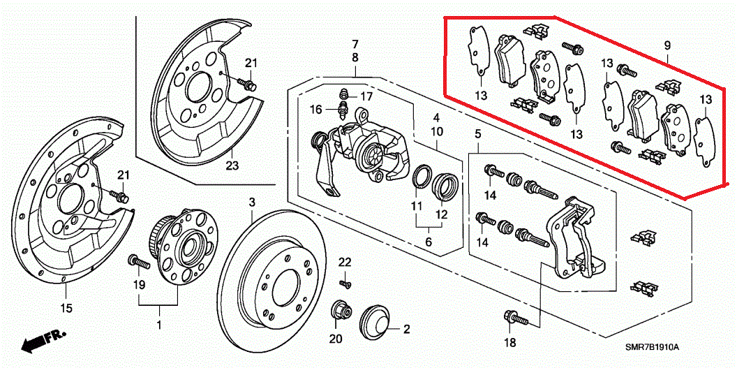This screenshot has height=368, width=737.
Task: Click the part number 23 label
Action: (232, 165)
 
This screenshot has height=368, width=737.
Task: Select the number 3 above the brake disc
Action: (252, 203)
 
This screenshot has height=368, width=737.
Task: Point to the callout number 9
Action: (667, 46)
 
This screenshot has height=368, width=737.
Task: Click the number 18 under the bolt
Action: (509, 342)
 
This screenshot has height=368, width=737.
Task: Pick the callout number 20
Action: (336, 339)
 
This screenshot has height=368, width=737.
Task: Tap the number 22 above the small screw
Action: (345, 262)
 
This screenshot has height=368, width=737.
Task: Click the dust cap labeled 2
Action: (376, 323)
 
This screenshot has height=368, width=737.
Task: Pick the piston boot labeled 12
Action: (447, 184)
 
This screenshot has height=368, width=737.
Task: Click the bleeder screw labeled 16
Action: (342, 109)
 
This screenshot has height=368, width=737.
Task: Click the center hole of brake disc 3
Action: (287, 287)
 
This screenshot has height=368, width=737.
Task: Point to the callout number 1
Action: (158, 325)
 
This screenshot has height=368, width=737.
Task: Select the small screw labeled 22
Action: (343, 283)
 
